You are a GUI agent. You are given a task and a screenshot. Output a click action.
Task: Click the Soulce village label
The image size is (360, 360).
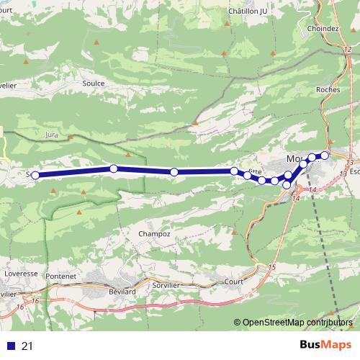(x=94, y=84)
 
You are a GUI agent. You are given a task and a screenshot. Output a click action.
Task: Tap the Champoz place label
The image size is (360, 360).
(x=156, y=235)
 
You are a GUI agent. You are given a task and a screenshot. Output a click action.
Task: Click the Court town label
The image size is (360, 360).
(x=234, y=282)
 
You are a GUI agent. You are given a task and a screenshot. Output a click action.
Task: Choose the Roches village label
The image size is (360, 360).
(x=328, y=90)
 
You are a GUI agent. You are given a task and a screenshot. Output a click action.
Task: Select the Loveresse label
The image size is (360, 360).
(x=20, y=274)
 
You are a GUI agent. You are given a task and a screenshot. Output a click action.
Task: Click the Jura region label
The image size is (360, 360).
(x=50, y=134)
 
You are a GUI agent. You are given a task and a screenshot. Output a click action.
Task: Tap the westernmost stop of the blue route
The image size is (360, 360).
(x=35, y=174)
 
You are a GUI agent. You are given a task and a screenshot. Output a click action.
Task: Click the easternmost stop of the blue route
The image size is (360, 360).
(x=325, y=156)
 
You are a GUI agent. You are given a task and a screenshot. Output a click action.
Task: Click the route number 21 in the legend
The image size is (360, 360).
(x=27, y=346)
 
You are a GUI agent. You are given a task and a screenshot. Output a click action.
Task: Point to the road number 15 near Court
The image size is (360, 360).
(x=271, y=268)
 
